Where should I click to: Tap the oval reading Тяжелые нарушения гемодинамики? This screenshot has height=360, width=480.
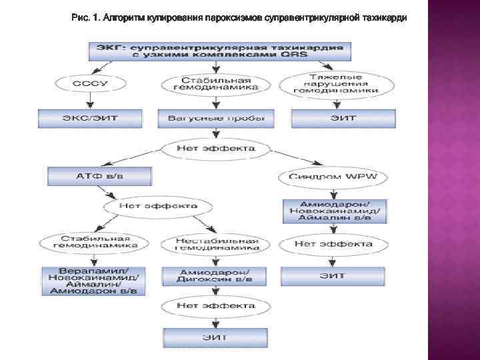click(x=338, y=83)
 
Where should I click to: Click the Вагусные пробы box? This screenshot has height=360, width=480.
click(x=215, y=118)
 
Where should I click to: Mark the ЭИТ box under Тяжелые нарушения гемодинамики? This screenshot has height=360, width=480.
click(x=343, y=118)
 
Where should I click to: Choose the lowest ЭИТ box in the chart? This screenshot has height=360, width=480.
click(x=215, y=337)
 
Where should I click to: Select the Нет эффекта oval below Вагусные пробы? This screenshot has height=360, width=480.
click(x=215, y=148)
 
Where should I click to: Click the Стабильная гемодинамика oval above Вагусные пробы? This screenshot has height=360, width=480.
click(x=215, y=84)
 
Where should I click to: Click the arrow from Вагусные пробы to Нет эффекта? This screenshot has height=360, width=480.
click(x=215, y=133)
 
